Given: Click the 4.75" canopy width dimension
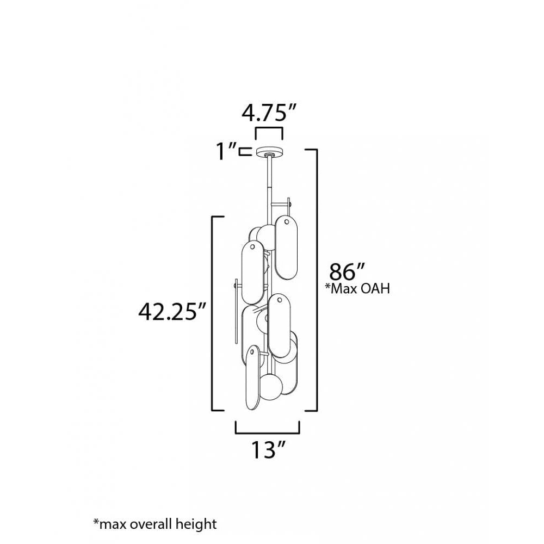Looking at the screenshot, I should [269, 113].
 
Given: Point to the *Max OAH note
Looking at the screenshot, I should [357, 289].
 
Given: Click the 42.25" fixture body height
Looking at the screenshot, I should [172, 312].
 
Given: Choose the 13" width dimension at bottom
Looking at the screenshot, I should [268, 450].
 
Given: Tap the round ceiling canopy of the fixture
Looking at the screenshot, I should [269, 151].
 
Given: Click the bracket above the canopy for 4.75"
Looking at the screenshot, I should [269, 131].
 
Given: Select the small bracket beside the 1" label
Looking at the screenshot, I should [245, 151].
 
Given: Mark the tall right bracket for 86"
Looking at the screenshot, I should [314, 279].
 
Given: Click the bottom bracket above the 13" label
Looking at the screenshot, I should [267, 429].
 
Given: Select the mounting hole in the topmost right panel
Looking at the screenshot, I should [286, 222].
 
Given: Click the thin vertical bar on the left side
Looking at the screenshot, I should [236, 313].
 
